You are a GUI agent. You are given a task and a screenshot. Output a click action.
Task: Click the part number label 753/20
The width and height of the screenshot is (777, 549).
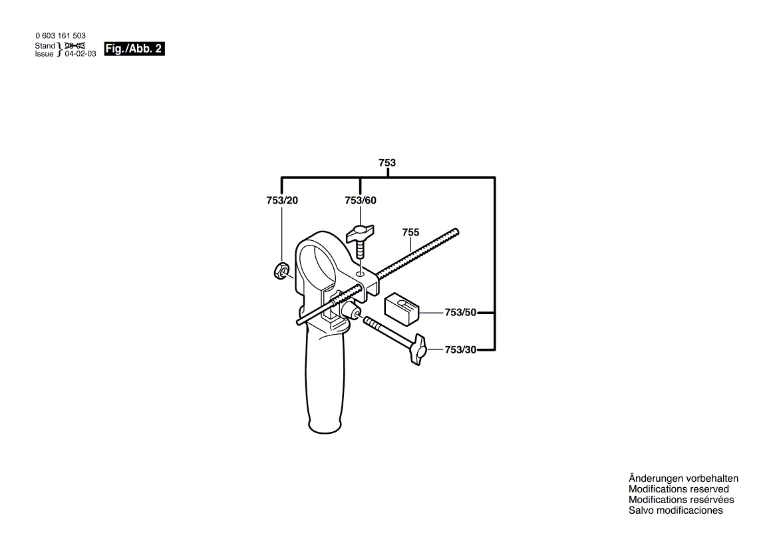282,201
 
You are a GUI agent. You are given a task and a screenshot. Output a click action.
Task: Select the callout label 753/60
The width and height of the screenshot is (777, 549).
361,201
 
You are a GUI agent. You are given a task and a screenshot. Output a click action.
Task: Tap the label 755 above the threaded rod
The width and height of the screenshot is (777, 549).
410,232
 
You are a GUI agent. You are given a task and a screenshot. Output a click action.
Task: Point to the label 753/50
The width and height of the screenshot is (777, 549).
460,312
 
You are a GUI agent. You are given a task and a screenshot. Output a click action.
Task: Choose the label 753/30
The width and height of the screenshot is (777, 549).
460,350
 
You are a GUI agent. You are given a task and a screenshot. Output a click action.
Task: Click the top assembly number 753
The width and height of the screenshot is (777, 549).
387,163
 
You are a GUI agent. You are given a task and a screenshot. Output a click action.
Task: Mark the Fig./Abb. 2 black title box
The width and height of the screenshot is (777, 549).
134,49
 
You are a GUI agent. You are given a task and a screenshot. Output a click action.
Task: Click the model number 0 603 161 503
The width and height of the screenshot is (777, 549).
60,36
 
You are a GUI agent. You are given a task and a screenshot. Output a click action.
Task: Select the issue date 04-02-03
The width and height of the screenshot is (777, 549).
80,54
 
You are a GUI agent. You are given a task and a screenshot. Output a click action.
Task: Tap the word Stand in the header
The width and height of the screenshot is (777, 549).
45,45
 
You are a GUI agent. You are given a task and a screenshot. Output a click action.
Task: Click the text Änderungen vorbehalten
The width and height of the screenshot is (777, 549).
683,478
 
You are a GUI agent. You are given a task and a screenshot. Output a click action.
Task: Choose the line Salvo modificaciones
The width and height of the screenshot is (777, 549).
675,510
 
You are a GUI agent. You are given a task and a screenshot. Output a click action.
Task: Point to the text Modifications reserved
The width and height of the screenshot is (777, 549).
679,489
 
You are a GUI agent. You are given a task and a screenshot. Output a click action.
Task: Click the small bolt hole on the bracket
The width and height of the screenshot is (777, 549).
360,274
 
